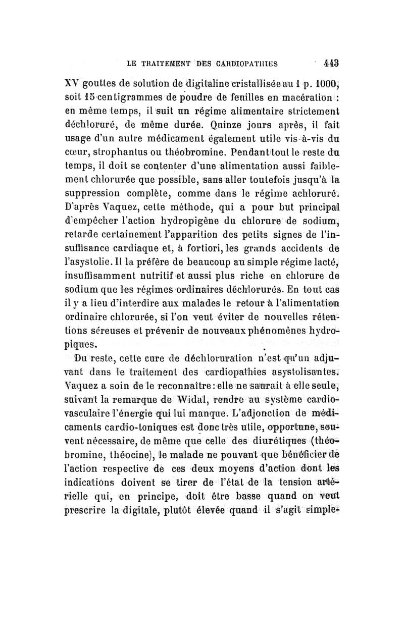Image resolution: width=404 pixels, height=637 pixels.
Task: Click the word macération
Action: tap(297, 97)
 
